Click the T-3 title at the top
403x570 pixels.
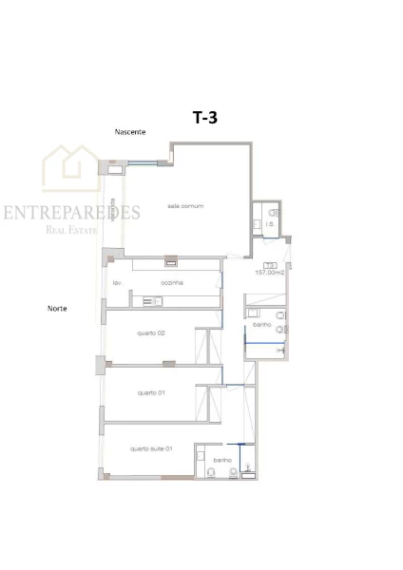(205, 118)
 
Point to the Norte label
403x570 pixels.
(57, 309)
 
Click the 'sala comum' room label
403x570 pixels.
(185, 206)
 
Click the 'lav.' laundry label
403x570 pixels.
(116, 282)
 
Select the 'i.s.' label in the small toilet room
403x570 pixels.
(270, 223)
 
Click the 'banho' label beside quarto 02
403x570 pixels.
(263, 324)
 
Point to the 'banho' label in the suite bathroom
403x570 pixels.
(222, 460)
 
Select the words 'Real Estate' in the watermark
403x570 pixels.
(73, 229)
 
